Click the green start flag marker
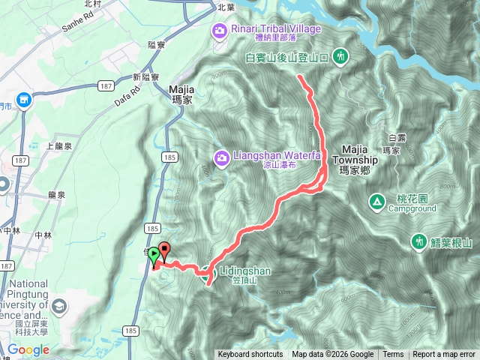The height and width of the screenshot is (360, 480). pyautogui.click(x=154, y=254)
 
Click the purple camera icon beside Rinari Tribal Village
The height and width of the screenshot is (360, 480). pyautogui.click(x=220, y=29)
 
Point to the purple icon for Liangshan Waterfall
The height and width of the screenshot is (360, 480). pyautogui.click(x=221, y=157)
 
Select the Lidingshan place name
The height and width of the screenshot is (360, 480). pyautogui.click(x=245, y=271)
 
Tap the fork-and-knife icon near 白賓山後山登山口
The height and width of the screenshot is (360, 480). pyautogui.click(x=340, y=56)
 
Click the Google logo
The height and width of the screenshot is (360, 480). pyautogui.click(x=28, y=349)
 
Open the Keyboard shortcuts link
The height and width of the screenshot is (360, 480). pyautogui.click(x=250, y=355)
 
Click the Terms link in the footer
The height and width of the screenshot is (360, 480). pyautogui.click(x=393, y=355)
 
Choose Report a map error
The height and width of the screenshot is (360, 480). pyautogui.click(x=445, y=355)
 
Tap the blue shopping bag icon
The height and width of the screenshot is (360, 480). pyautogui.click(x=23, y=100)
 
